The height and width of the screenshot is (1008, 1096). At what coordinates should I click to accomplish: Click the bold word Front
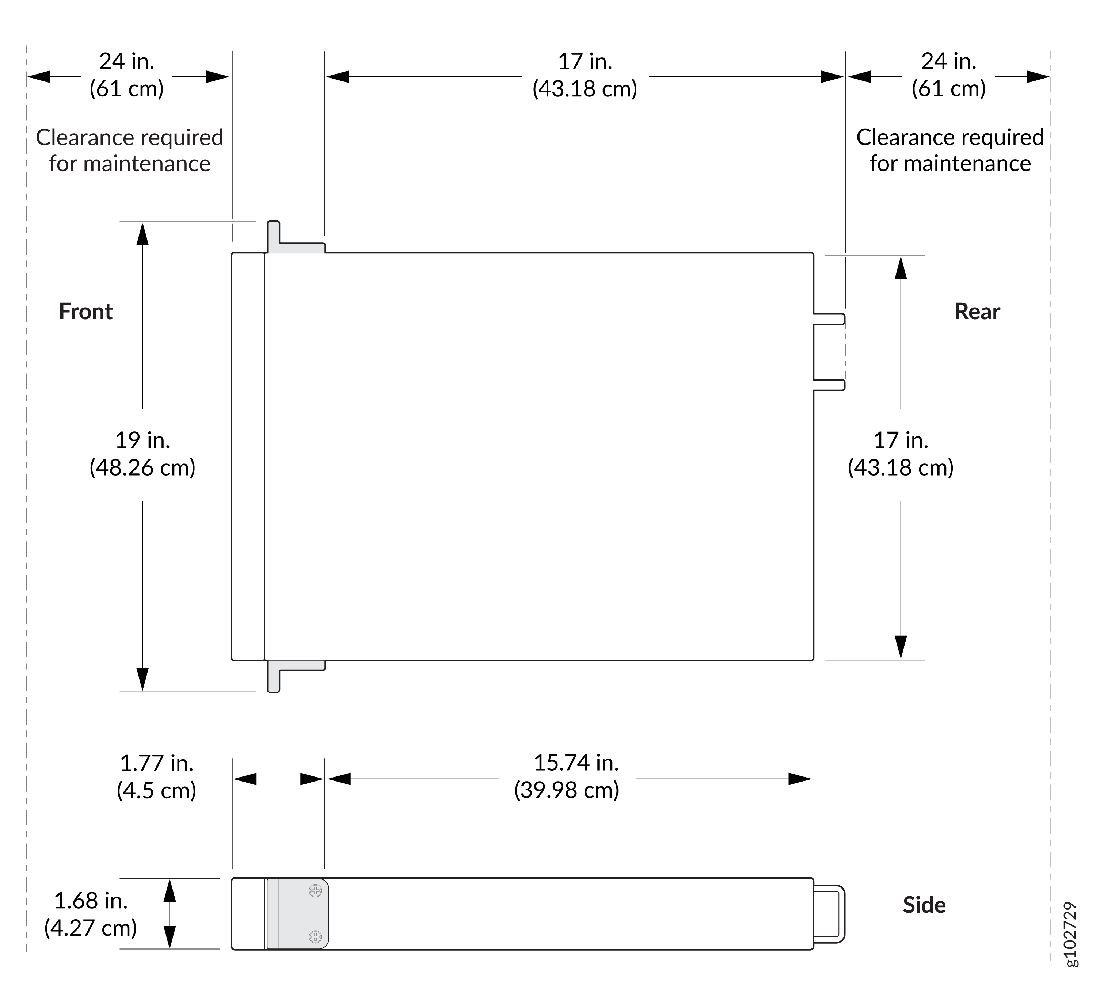tap(85, 312)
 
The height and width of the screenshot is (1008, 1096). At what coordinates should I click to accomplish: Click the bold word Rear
tap(977, 312)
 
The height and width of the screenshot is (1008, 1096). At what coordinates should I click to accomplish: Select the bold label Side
tap(924, 905)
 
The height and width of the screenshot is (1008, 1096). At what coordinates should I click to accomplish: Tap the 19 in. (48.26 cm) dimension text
tap(142, 454)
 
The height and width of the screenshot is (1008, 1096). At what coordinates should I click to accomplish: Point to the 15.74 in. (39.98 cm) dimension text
tap(567, 776)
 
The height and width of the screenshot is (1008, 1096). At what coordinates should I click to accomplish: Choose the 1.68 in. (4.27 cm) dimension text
tap(91, 914)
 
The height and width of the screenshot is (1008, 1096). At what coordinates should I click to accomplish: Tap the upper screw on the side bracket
tap(315, 891)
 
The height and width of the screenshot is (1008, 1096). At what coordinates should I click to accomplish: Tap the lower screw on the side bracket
tap(315, 937)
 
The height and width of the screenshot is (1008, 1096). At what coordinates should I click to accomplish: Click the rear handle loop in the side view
tap(843, 914)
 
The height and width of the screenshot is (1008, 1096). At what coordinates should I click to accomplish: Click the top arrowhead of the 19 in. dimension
tap(142, 233)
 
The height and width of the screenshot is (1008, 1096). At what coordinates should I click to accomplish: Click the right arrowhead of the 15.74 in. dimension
tap(800, 779)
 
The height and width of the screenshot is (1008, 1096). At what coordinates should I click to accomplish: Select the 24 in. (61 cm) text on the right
tap(949, 75)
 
